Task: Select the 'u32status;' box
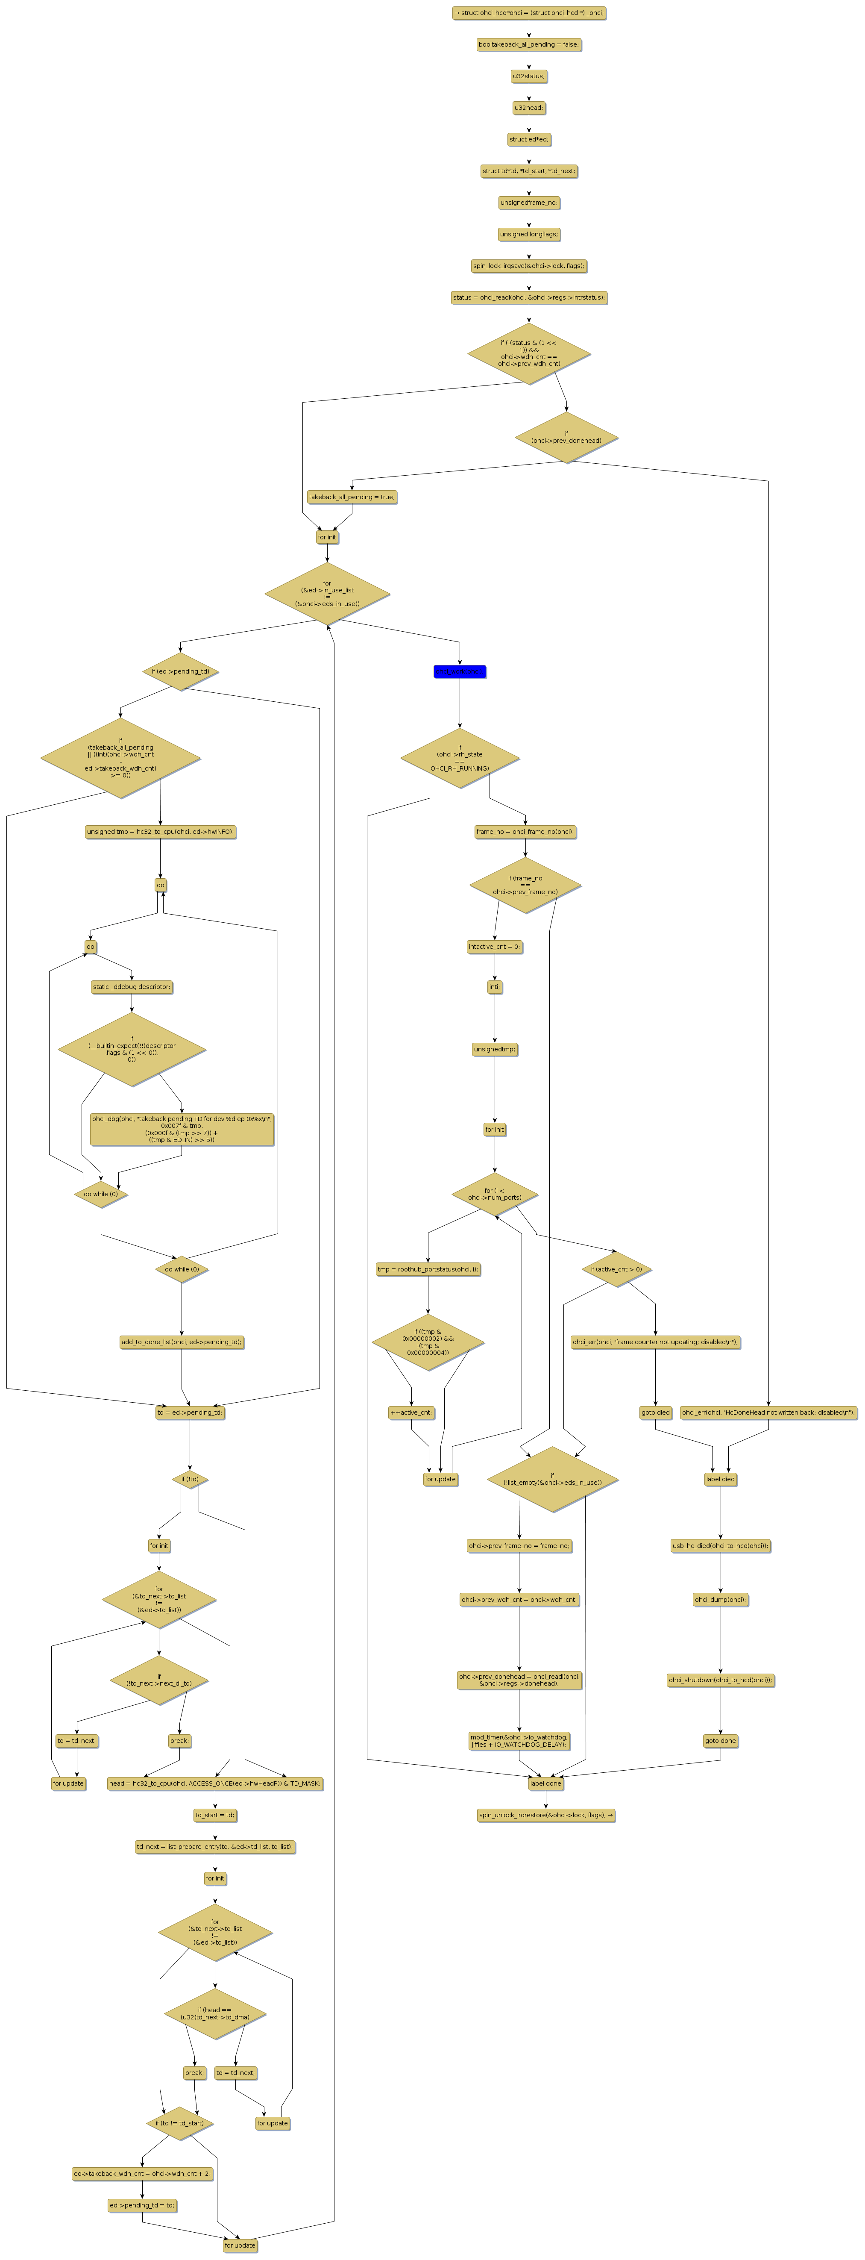529,77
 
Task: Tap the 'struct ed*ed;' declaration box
529,139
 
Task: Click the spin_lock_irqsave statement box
529,266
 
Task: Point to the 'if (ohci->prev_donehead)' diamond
566,437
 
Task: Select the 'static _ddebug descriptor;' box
132,987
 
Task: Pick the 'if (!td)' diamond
190,1479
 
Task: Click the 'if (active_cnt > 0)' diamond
616,1269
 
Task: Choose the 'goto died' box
655,1412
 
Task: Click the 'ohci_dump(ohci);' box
720,1599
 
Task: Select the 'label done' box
545,1783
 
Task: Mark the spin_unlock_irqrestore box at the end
545,1815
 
